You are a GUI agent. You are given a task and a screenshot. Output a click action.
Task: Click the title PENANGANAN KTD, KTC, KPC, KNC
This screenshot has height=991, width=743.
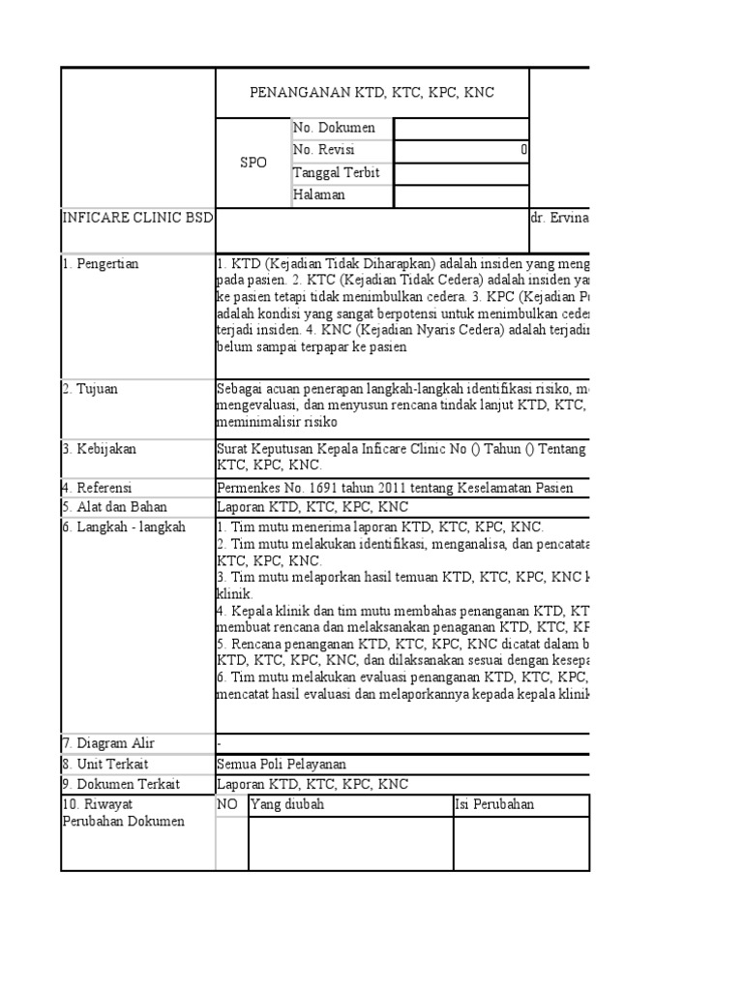372,93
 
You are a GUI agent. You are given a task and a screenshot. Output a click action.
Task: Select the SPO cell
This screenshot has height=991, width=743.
253,163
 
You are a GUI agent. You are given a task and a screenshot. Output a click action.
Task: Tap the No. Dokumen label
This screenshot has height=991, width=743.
334,128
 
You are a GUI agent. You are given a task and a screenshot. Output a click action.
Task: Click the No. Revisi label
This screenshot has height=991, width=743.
325,150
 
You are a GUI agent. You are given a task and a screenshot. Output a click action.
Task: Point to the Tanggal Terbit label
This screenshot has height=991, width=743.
338,172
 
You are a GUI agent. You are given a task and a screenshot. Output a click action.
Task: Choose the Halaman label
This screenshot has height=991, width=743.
320,195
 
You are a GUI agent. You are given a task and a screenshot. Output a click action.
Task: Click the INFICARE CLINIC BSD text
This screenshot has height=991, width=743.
136,217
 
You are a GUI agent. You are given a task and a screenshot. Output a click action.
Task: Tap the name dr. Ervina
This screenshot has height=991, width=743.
560,217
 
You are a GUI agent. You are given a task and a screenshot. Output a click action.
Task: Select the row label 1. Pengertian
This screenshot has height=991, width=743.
101,263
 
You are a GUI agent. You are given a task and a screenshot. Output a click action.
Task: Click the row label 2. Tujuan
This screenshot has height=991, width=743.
92,389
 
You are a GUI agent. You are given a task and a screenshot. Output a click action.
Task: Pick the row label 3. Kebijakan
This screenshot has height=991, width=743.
100,449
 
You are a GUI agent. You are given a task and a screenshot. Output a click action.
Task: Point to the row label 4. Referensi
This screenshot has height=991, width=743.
97,488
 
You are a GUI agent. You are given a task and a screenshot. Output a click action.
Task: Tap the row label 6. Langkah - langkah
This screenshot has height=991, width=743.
124,527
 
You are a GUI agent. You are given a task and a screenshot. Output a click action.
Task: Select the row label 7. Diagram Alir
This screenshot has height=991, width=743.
107,743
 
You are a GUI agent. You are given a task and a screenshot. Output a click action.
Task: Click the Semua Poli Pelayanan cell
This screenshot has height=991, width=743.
282,764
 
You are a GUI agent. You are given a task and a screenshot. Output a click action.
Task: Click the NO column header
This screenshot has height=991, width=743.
227,805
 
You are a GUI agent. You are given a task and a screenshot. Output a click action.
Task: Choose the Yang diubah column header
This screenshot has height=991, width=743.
288,805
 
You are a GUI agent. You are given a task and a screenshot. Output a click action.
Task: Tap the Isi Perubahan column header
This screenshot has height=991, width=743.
495,805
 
